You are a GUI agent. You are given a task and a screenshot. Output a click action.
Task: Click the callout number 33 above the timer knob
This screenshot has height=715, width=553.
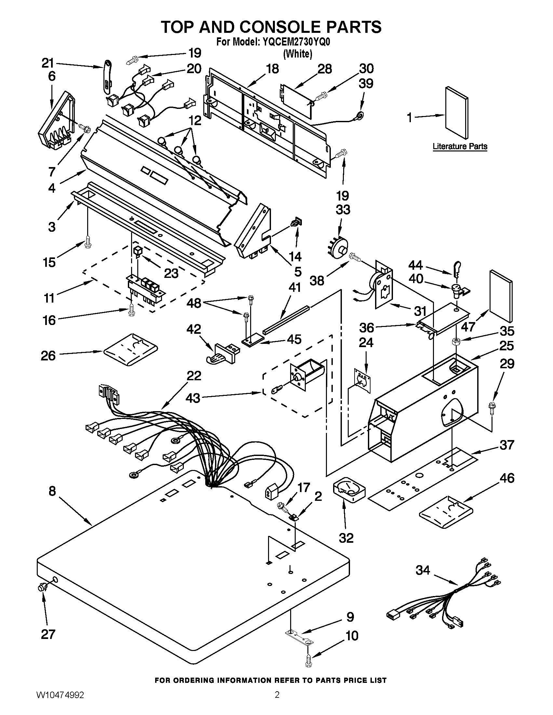click(343, 210)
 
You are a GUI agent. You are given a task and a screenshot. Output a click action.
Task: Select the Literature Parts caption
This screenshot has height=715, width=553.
click(460, 146)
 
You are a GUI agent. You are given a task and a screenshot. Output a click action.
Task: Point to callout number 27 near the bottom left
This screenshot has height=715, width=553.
click(48, 634)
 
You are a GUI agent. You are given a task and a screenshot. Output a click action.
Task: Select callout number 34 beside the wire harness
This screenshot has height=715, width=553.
click(423, 570)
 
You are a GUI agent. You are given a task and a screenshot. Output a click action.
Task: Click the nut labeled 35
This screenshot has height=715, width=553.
click(456, 342)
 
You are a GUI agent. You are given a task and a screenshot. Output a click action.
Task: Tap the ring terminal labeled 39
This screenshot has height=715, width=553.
click(360, 115)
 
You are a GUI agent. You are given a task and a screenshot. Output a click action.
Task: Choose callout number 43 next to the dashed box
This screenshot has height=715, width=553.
click(193, 398)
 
